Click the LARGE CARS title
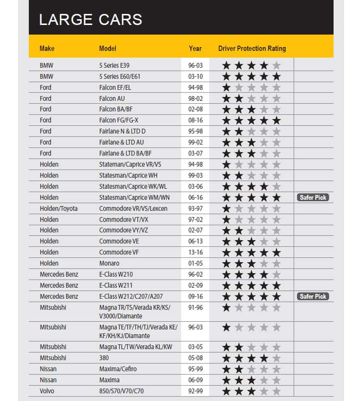pos(90,20)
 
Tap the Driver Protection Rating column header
pos(252,49)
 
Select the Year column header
pos(195,49)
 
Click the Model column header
pos(108,49)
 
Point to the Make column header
pos(47,49)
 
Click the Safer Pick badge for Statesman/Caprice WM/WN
pos(313,197)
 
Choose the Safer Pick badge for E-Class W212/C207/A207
pos(313,296)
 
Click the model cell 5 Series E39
pos(117,65)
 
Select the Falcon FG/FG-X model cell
pos(119,120)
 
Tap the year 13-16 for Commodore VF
pos(196,252)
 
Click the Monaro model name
pos(109,263)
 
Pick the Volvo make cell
pos(47,391)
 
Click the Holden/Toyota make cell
pos(59,208)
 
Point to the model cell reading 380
pos(104,358)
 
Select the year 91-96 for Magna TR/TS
pos(196,307)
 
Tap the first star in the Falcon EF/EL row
pos(226,87)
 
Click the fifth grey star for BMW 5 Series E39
pos(276,65)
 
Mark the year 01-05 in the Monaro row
pos(196,263)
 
